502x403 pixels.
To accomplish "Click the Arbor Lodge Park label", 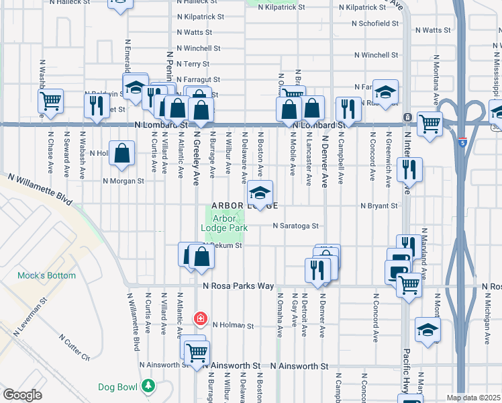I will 225,222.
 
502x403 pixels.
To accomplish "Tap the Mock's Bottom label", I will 46,275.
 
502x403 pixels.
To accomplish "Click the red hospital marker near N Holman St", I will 199,318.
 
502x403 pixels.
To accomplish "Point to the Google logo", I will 22,395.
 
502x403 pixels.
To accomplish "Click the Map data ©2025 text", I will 473,398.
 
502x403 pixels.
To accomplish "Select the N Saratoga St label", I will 295,226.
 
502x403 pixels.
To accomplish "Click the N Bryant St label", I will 379,206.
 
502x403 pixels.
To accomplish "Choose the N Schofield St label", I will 376,23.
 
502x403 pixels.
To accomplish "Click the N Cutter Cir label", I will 74,347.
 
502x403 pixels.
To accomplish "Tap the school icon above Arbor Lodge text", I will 260,193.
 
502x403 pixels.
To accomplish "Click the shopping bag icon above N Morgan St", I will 122,153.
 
